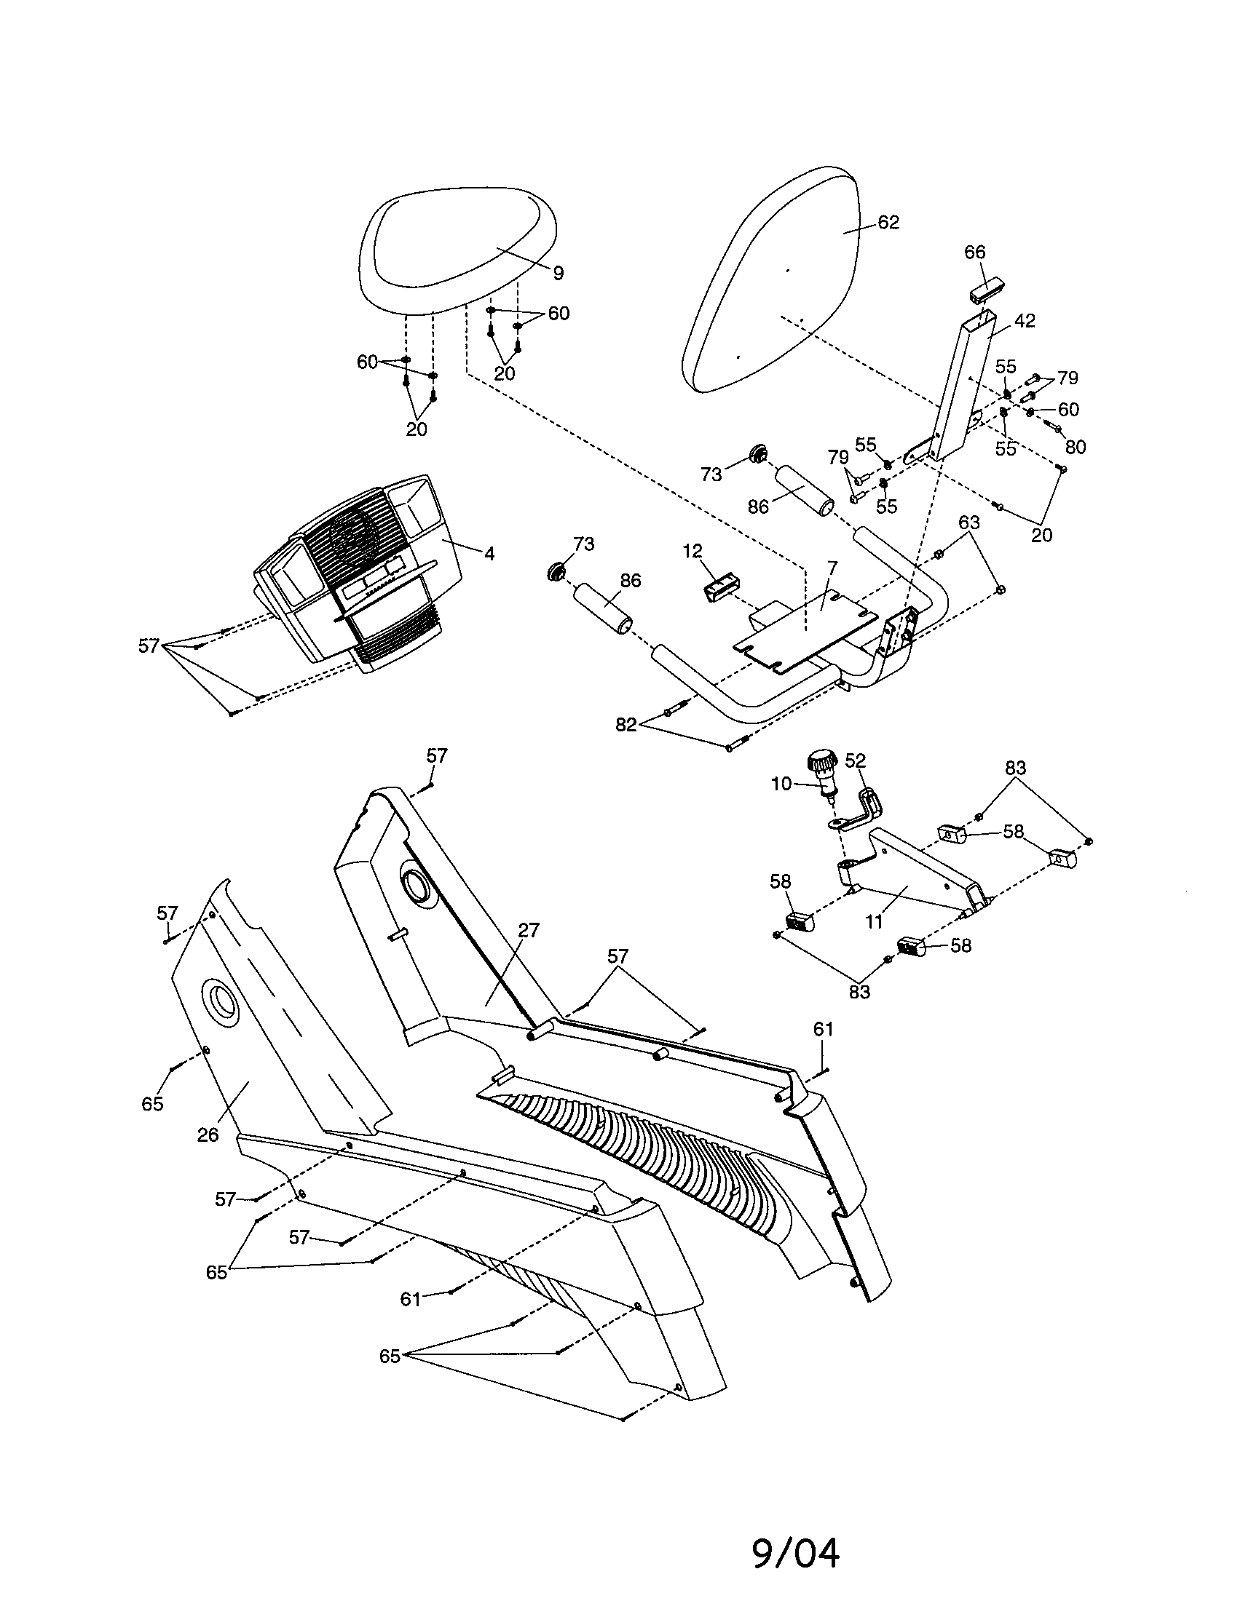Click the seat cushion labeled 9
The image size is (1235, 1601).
tap(454, 249)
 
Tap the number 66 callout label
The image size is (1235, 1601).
tap(974, 253)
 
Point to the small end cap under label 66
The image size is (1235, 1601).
tap(987, 289)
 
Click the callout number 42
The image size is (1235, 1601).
tap(1025, 320)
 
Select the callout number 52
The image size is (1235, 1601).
tap(855, 761)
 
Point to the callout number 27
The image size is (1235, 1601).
tap(528, 931)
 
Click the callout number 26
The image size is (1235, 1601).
tap(208, 1135)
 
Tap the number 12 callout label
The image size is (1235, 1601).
tap(693, 552)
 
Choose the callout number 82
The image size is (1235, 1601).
tap(626, 725)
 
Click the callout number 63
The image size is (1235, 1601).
tap(968, 523)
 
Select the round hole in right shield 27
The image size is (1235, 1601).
tap(415, 886)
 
